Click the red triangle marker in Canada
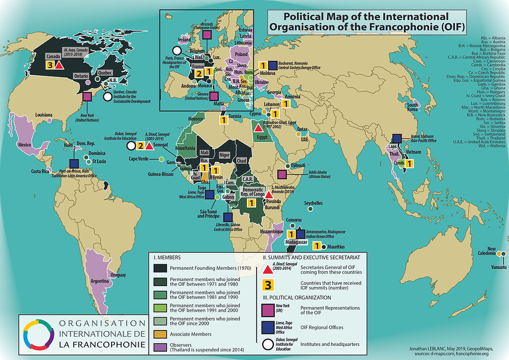[x=59, y=65]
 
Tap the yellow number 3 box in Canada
[x=49, y=65]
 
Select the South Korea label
[x=412, y=108]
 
